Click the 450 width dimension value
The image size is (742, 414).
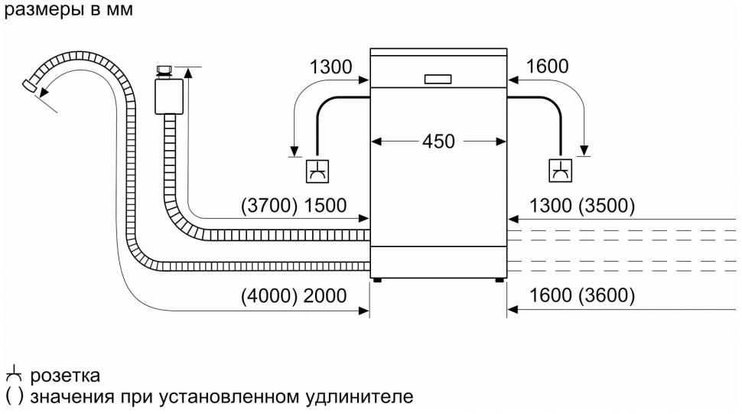point(438,142)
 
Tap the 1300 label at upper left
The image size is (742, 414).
point(330,67)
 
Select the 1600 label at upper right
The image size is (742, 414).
point(547,67)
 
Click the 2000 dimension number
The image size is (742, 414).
point(325,296)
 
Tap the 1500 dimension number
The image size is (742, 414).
point(325,206)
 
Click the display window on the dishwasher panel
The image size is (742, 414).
point(437,79)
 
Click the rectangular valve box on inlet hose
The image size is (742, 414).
point(166,96)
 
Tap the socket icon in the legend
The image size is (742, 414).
point(12,376)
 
